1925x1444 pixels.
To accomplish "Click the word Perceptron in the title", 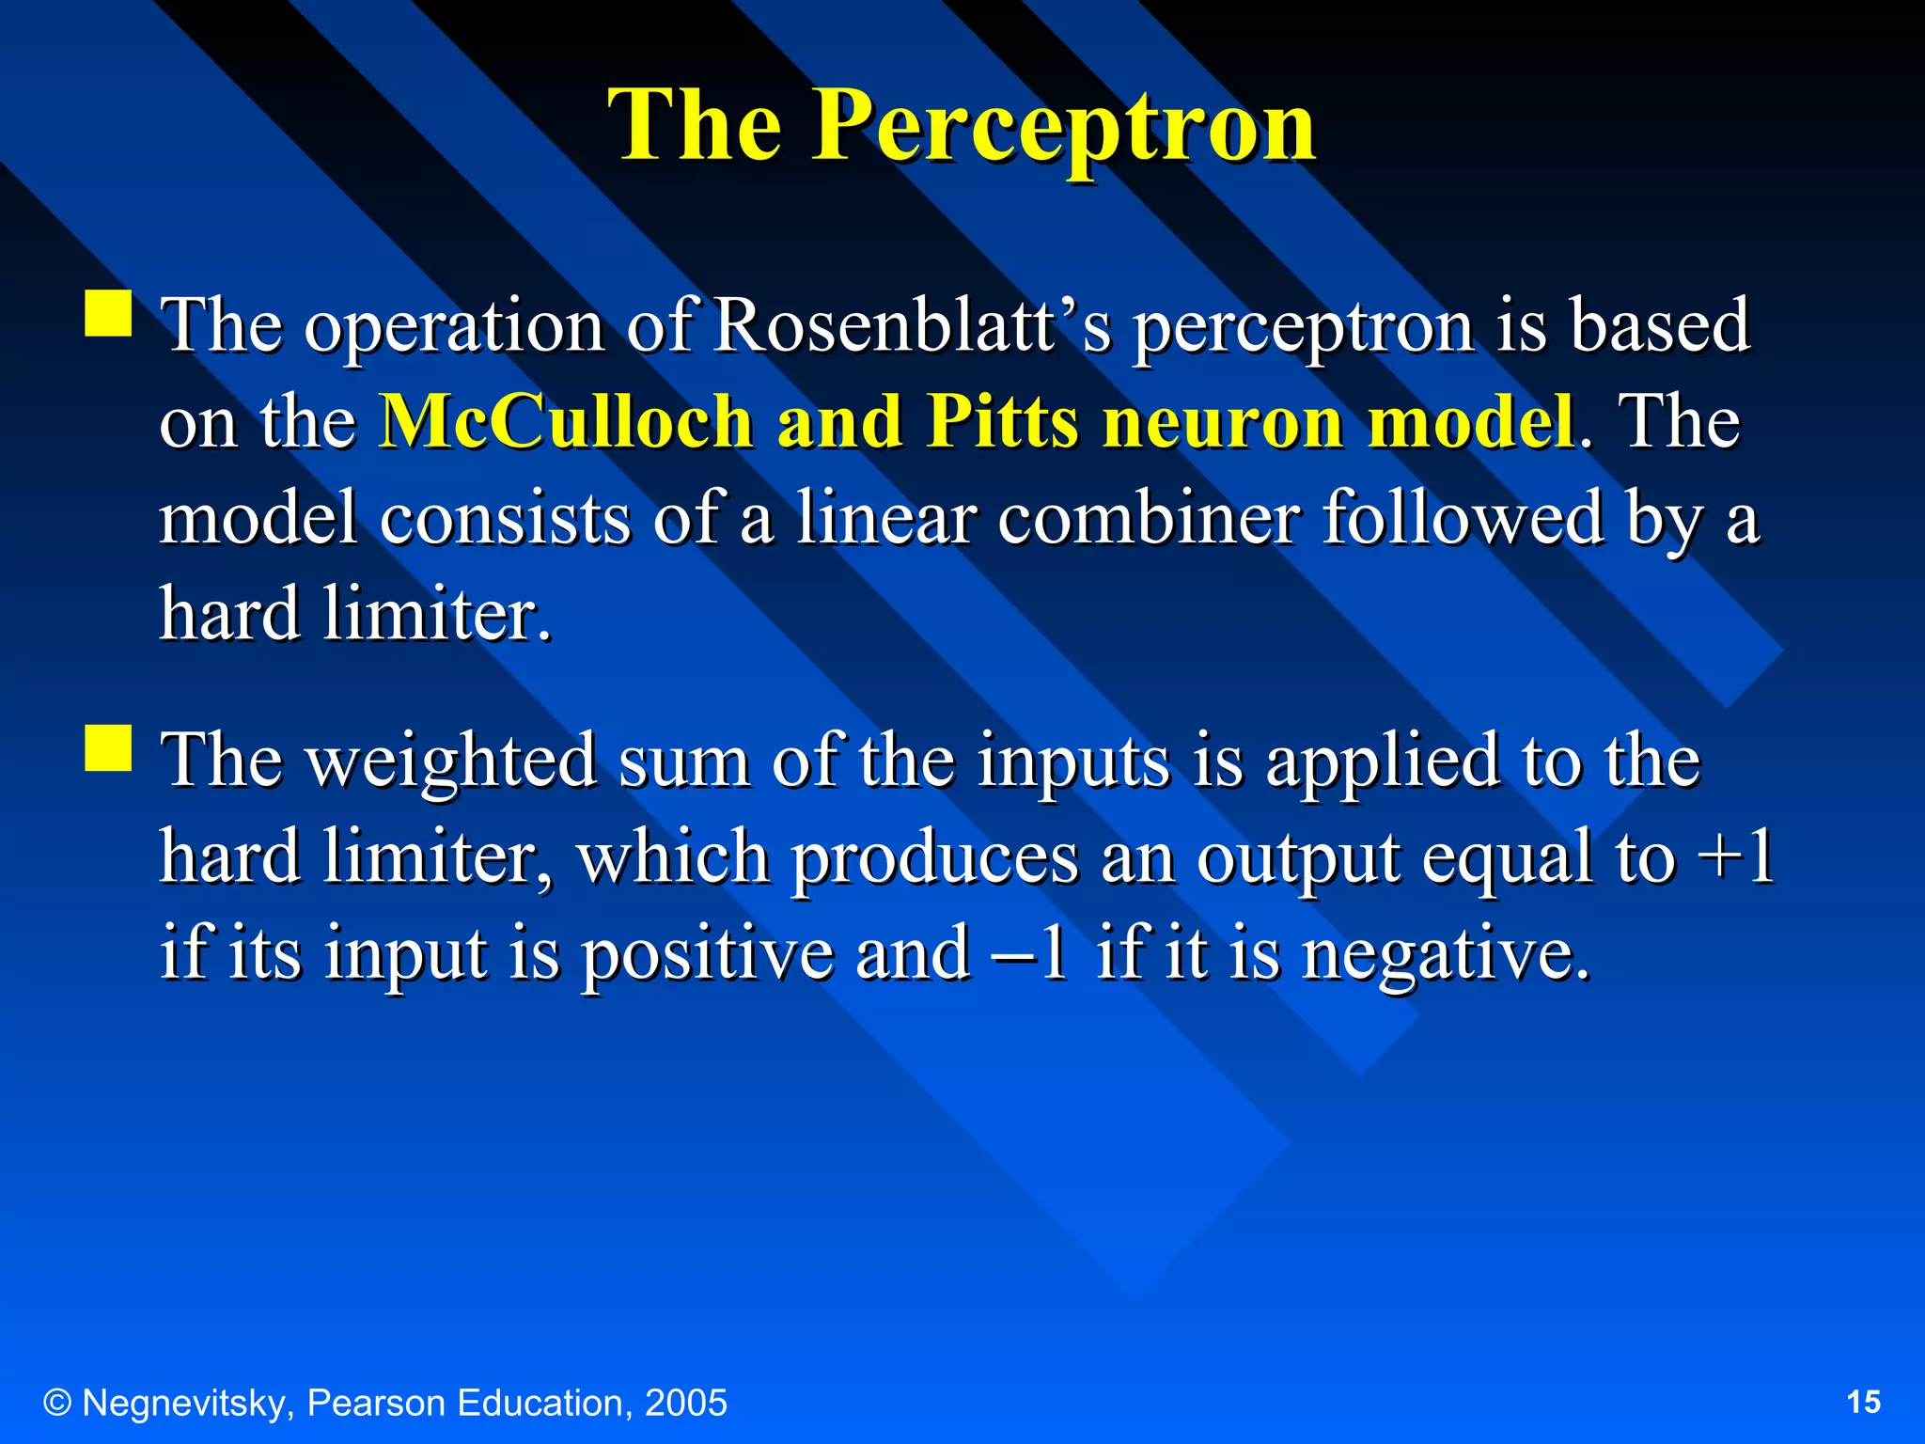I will click(x=1064, y=126).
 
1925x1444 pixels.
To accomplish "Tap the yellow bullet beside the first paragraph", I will click(x=108, y=313).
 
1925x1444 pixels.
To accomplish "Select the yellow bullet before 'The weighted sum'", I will click(x=108, y=747).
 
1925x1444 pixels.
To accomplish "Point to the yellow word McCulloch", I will click(x=566, y=421).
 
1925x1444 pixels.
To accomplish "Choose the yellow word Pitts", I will click(x=1002, y=421).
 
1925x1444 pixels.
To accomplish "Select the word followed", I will click(x=1463, y=518).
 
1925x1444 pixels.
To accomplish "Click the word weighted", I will click(x=451, y=761).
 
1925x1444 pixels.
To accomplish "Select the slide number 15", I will click(x=1864, y=1403).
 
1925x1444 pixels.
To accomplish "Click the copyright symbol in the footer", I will click(x=57, y=1403).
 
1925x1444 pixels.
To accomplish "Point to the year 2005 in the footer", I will click(x=685, y=1403).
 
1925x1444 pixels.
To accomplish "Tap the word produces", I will click(x=933, y=858).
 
